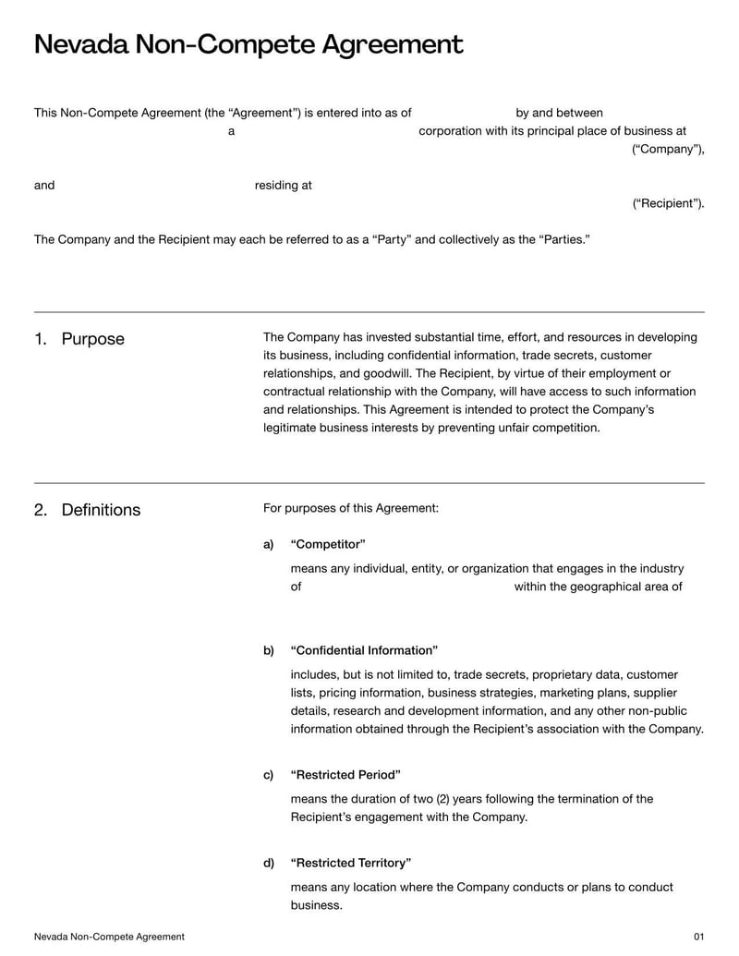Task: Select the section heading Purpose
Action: coord(92,339)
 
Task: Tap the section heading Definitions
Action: coord(101,510)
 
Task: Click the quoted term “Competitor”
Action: coord(328,544)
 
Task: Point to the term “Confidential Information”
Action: coord(364,650)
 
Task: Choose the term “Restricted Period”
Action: coord(345,774)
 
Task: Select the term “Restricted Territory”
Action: coord(350,863)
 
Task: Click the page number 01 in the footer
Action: coord(698,937)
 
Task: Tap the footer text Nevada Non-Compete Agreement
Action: coord(109,937)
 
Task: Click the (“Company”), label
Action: coord(668,150)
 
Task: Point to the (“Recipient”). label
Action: coord(668,203)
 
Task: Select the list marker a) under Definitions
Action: coord(269,544)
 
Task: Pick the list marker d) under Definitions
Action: coord(269,863)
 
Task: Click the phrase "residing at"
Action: coord(283,185)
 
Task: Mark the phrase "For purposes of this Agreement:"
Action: coord(351,508)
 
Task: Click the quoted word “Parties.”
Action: coord(564,239)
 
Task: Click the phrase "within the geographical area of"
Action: coord(598,587)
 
